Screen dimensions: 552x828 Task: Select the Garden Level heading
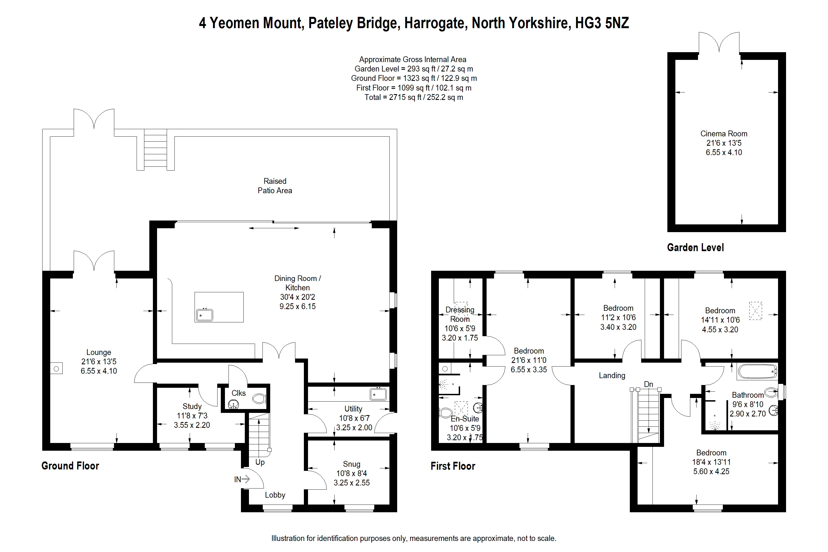point(695,248)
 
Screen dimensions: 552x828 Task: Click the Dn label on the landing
point(648,384)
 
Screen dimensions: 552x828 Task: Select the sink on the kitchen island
point(205,315)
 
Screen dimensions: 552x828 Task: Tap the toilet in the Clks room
point(259,399)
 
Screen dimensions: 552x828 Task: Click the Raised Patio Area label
point(275,185)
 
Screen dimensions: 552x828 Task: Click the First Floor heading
point(453,466)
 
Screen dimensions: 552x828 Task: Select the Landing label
point(612,375)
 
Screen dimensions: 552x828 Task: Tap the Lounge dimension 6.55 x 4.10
point(99,371)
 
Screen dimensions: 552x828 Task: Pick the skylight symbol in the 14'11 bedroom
point(755,310)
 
